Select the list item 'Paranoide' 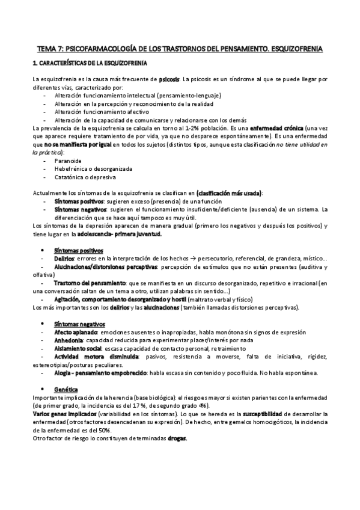click(x=69, y=162)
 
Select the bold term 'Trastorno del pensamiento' click(x=90, y=282)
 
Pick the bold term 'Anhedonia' click(x=70, y=340)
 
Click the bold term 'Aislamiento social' click(x=78, y=348)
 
